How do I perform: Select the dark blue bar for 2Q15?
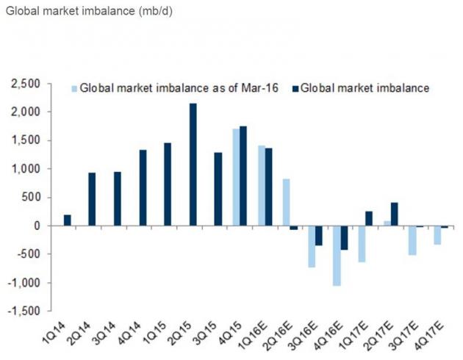click(x=193, y=165)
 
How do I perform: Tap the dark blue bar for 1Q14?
click(x=68, y=220)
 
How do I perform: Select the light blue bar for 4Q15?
click(x=235, y=177)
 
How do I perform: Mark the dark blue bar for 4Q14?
click(x=143, y=187)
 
